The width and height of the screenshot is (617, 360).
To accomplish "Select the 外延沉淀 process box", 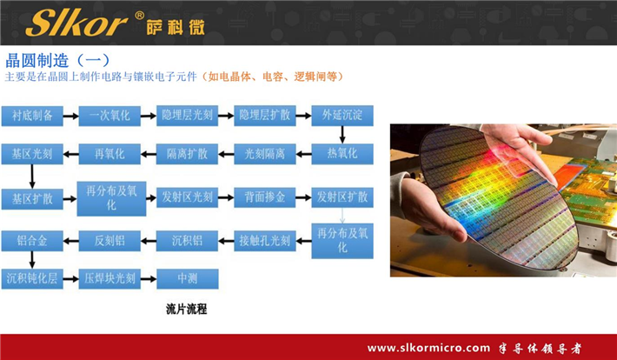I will (x=342, y=115).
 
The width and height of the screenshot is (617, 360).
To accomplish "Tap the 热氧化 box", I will (x=342, y=154).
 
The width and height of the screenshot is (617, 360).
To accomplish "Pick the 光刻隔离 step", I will (x=265, y=154).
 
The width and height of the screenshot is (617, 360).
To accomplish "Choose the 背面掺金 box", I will (x=265, y=197).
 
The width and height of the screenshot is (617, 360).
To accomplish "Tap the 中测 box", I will (x=187, y=279).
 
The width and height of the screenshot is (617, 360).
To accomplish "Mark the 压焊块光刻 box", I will (x=109, y=279).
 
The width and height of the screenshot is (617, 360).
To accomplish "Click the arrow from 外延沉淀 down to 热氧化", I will (x=342, y=134).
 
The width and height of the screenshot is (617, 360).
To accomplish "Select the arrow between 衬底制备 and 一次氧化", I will (x=70, y=115).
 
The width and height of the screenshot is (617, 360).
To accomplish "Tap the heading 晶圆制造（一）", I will (x=57, y=60).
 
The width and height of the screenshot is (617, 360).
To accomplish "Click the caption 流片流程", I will (x=187, y=309).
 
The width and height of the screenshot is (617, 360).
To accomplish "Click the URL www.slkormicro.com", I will (x=429, y=348).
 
